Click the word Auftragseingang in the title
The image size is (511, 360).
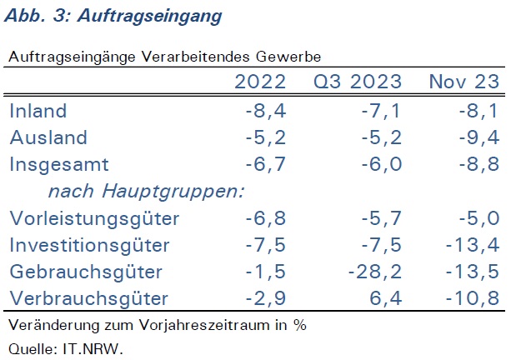[x=149, y=16]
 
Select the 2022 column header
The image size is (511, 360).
[x=260, y=82]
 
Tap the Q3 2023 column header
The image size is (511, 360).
[x=358, y=82]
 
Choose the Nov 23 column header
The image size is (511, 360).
[x=464, y=82]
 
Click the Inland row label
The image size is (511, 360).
[x=38, y=111]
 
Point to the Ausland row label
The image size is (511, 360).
[x=48, y=137]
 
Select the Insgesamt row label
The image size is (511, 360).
[x=59, y=164]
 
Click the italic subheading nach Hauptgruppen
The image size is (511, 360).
[x=146, y=191]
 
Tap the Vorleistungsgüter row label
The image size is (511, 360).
[x=94, y=218]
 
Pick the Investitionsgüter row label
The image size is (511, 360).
[x=90, y=245]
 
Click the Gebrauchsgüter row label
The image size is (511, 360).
[x=86, y=272]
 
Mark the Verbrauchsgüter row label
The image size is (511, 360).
[x=88, y=298]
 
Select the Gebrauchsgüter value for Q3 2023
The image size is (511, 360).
[x=375, y=272]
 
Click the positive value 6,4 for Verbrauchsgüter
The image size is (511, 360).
[x=386, y=298]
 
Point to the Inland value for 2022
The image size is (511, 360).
[x=266, y=111]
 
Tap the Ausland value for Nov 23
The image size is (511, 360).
[x=479, y=137]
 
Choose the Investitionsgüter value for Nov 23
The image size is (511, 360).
[x=473, y=245]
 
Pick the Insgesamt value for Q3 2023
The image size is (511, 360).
[x=382, y=164]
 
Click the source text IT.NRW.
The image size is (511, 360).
[x=93, y=349]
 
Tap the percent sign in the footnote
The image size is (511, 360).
[x=300, y=325]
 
